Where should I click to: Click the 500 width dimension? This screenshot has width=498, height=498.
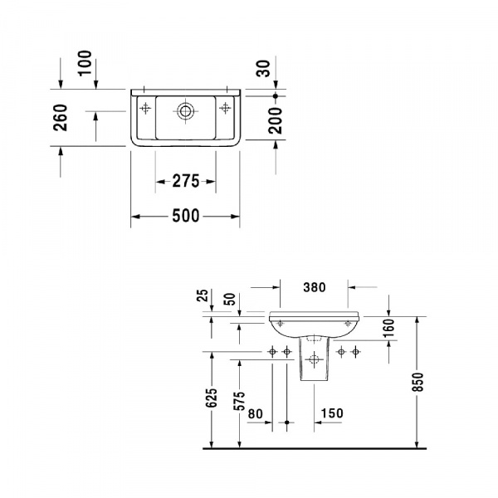coord(186,217)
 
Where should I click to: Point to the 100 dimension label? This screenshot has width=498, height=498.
coord(85,63)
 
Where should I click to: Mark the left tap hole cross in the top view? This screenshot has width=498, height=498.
coord(146,107)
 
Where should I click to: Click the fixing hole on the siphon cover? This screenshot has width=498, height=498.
coord(314,359)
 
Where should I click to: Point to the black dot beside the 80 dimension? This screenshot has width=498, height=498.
coord(286,423)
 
